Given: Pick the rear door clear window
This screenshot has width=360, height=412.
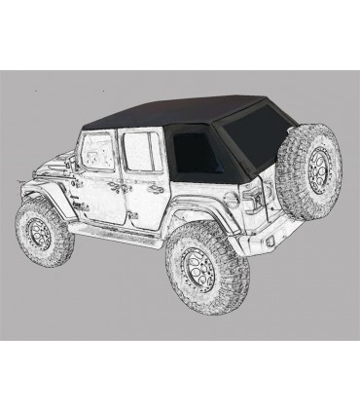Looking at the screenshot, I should pyautogui.click(x=141, y=153).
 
